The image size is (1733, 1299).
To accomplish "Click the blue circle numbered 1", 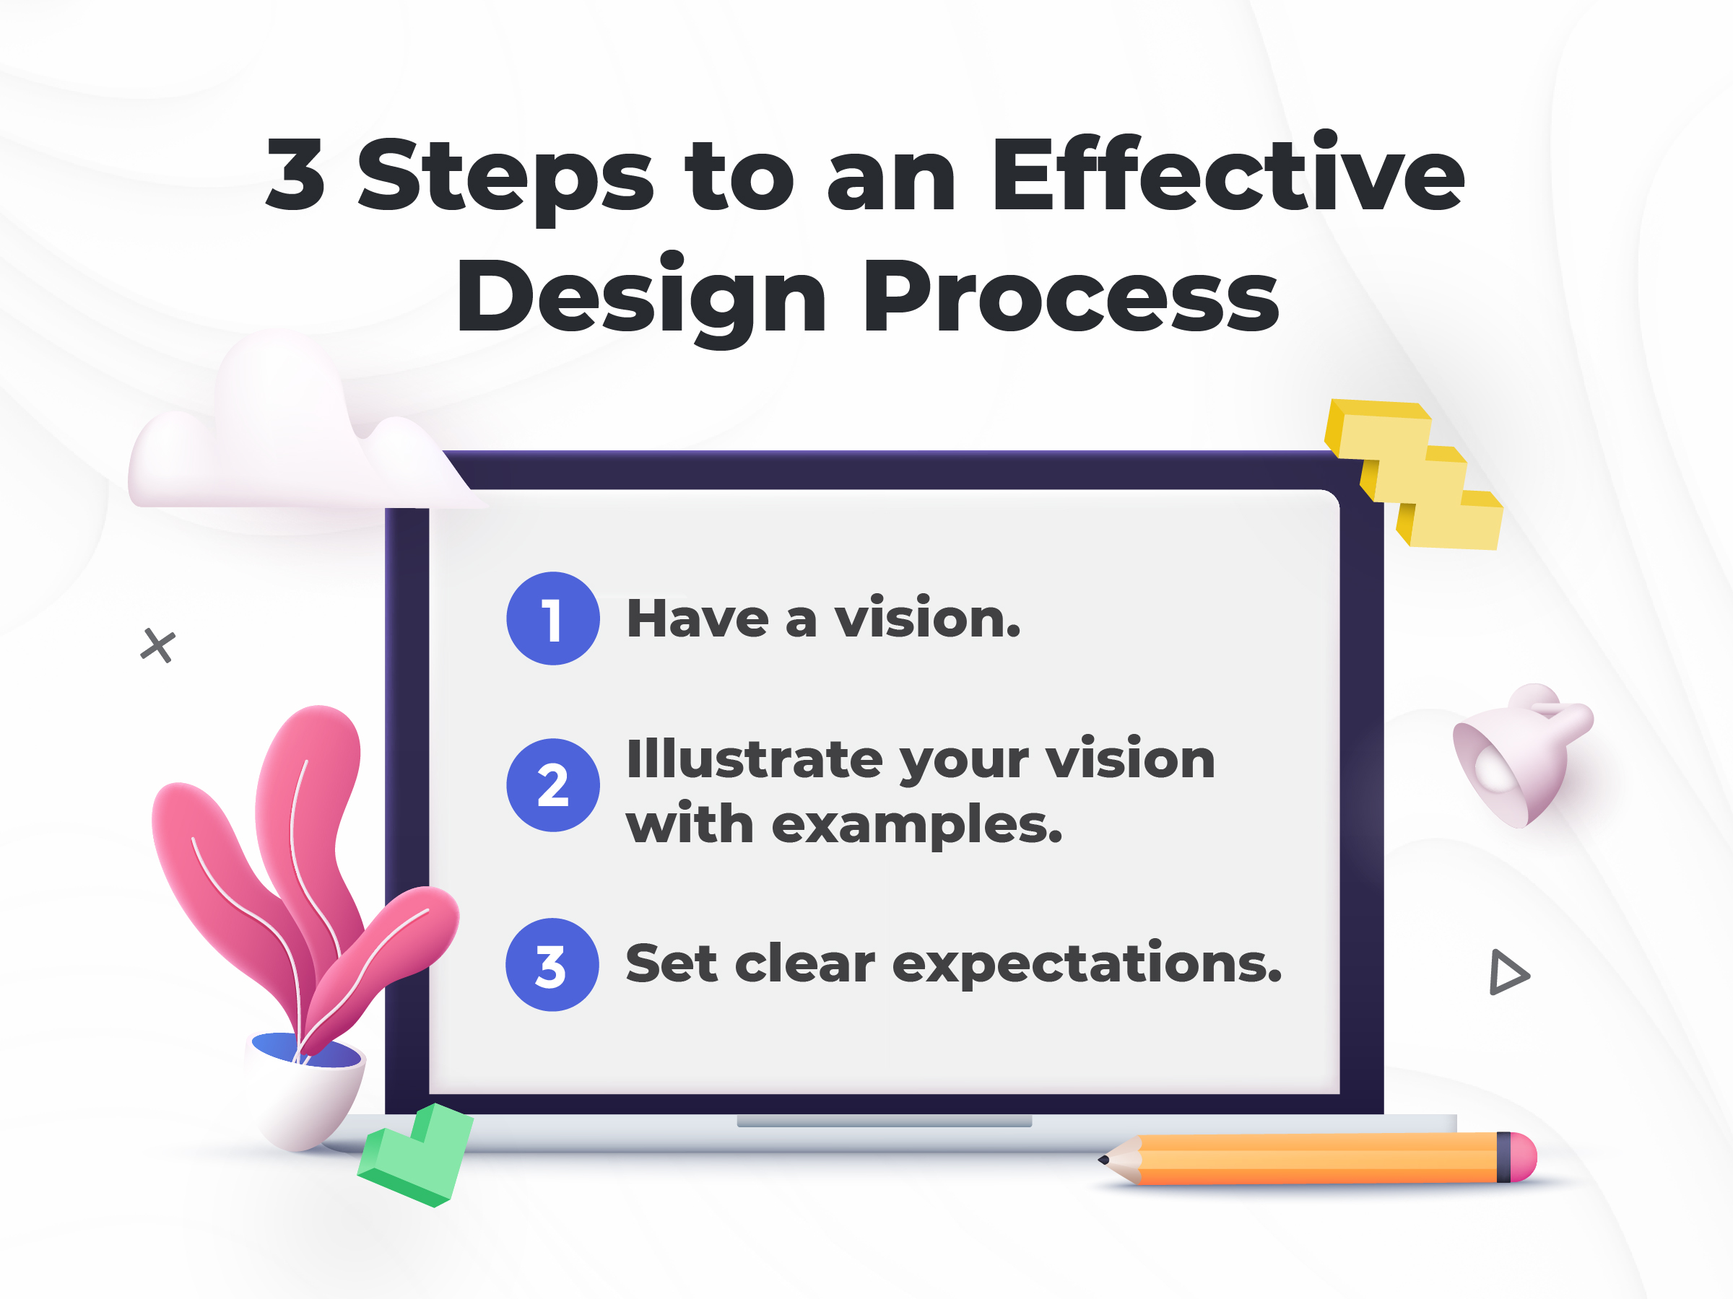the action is click(x=553, y=618).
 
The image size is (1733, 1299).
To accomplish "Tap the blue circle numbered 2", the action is click(x=553, y=785).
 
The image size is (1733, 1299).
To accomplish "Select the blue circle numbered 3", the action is click(x=552, y=965).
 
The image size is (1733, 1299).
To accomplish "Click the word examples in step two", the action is click(x=916, y=826).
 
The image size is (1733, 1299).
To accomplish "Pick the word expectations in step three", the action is click(x=1087, y=965).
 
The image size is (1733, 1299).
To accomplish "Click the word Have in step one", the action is click(x=698, y=618).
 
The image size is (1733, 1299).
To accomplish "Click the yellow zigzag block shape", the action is click(x=1413, y=473).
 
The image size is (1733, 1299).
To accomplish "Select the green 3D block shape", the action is click(x=415, y=1155).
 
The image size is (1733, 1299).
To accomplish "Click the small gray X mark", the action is click(x=158, y=646).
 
